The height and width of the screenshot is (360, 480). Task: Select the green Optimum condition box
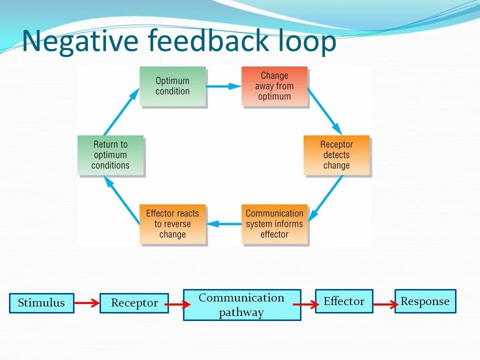[172, 86]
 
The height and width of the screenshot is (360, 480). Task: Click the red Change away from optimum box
[274, 86]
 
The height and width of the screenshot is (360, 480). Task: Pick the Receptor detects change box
[336, 155]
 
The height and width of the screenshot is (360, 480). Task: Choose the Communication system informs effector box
[274, 223]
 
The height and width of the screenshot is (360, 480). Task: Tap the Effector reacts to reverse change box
[172, 223]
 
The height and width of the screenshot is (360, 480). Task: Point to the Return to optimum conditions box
[110, 155]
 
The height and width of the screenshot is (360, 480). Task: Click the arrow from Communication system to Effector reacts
[223, 223]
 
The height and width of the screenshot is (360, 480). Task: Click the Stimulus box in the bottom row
[41, 303]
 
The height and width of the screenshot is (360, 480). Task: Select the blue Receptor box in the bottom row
[134, 303]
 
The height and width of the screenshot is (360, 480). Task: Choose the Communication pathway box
[242, 305]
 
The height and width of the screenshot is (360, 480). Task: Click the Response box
[425, 301]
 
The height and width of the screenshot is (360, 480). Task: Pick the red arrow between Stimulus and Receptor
[87, 302]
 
